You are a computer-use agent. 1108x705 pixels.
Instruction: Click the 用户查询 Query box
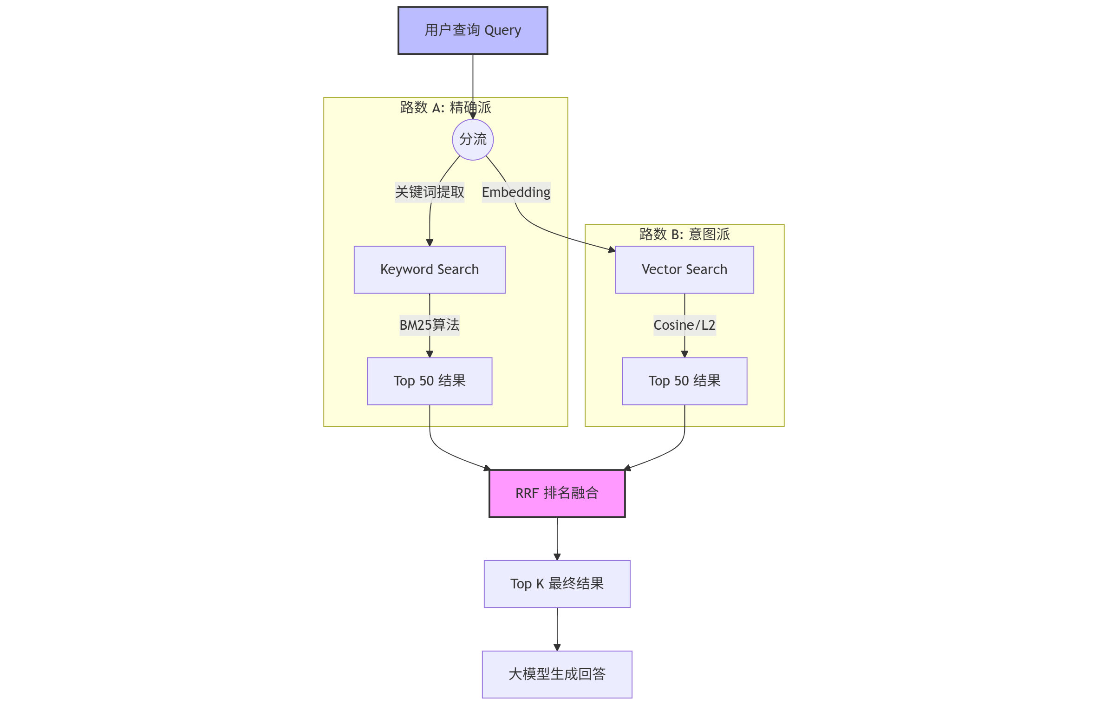(x=472, y=31)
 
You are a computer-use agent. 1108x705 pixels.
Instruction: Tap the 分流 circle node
(x=472, y=139)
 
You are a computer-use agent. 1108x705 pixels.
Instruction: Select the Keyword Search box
(x=429, y=269)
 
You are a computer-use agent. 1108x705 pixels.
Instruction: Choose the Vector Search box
(x=684, y=269)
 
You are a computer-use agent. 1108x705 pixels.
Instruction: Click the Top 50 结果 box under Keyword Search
(x=429, y=381)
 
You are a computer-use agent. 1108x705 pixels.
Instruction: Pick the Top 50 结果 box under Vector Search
(x=684, y=381)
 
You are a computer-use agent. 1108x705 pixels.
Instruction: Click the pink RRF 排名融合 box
(x=557, y=493)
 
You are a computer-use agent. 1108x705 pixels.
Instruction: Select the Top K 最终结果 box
(x=557, y=583)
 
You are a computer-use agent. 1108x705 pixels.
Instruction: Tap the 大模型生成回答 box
(x=557, y=674)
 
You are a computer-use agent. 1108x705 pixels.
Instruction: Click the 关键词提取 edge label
(x=429, y=192)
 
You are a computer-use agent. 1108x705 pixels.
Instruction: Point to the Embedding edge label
(x=516, y=192)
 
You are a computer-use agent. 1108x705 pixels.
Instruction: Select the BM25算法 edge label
(x=429, y=325)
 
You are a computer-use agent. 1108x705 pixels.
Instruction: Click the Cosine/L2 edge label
(x=684, y=325)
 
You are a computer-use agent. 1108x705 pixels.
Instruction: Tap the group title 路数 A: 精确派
(x=445, y=107)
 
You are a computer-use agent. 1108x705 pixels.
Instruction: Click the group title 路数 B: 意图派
(x=684, y=234)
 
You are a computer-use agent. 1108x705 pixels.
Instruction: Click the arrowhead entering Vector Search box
(x=612, y=250)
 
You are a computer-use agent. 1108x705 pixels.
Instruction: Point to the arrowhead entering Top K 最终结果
(x=557, y=557)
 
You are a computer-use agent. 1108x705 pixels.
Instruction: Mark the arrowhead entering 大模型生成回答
(x=557, y=647)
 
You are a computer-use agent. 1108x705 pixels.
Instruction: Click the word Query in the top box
(x=502, y=31)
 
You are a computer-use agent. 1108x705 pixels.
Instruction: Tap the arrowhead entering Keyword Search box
(x=429, y=242)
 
